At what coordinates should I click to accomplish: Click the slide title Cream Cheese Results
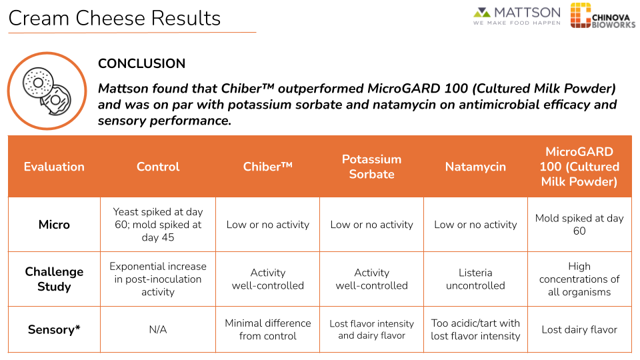(x=114, y=18)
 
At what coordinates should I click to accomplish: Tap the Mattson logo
(x=517, y=16)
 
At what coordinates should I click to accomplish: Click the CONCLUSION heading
(x=141, y=64)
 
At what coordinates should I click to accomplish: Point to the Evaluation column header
(x=54, y=167)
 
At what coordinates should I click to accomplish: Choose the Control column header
(x=158, y=167)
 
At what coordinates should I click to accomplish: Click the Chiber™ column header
(x=267, y=167)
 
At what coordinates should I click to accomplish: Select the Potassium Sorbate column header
(x=371, y=167)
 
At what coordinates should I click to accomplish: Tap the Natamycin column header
(x=475, y=167)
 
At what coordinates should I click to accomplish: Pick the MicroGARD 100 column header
(x=579, y=167)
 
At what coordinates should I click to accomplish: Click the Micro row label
(x=54, y=225)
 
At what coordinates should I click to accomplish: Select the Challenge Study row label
(x=54, y=279)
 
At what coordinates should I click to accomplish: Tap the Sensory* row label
(x=54, y=329)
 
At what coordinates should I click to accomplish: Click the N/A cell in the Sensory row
(x=158, y=329)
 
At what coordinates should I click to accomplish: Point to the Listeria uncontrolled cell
(x=475, y=279)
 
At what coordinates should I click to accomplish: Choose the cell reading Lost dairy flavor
(x=579, y=329)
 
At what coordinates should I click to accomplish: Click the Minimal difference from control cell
(x=267, y=329)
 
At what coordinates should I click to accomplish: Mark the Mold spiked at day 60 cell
(x=579, y=225)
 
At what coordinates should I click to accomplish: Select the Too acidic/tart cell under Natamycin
(x=475, y=329)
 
